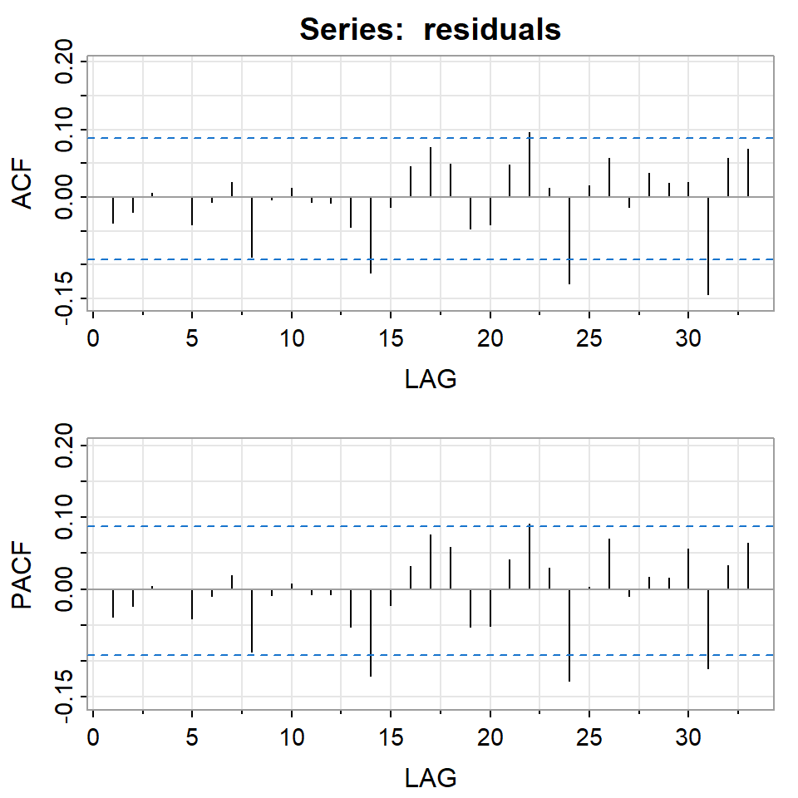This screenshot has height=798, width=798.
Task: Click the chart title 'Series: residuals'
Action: pyautogui.click(x=430, y=30)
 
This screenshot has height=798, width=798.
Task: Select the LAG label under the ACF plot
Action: pyautogui.click(x=431, y=380)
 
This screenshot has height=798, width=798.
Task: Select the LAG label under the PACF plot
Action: pyautogui.click(x=431, y=778)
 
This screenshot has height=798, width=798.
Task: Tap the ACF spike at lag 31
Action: pyautogui.click(x=708, y=245)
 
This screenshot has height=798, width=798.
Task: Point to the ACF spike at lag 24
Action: pyautogui.click(x=569, y=240)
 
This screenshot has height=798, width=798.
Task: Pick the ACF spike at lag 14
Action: pyautogui.click(x=371, y=234)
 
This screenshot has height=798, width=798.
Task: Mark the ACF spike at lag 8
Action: pyautogui.click(x=252, y=227)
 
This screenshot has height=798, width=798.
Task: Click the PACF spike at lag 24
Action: pyautogui.click(x=569, y=635)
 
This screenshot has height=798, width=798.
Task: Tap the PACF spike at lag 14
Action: pyautogui.click(x=371, y=633)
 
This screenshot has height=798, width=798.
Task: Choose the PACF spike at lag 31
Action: pyautogui.click(x=708, y=628)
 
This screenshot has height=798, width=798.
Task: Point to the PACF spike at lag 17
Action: pyautogui.click(x=431, y=562)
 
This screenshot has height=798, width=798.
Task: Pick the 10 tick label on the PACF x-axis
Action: pyautogui.click(x=291, y=738)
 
